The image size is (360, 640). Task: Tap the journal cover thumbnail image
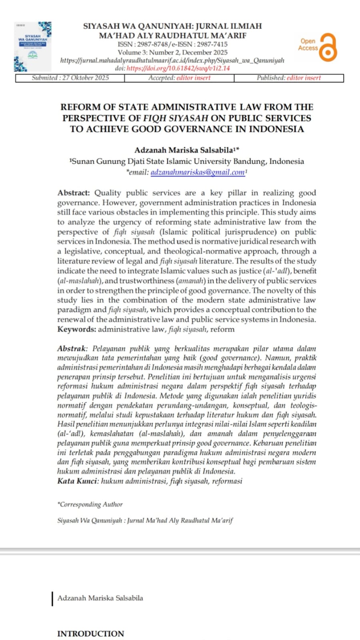(33, 46)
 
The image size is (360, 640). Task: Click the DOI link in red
(178, 68)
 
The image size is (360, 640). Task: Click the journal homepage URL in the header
(172, 60)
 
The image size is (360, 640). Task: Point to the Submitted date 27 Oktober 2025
(70, 78)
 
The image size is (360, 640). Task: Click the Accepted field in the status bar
(179, 78)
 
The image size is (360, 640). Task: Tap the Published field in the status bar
(288, 78)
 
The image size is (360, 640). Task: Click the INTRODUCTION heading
(90, 634)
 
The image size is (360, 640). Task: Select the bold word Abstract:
(74, 193)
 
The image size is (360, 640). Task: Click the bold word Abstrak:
(72, 348)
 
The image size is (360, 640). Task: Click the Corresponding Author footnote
(90, 504)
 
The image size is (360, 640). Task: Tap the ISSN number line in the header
(172, 44)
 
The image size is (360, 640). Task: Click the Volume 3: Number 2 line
(172, 52)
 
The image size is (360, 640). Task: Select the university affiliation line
(186, 161)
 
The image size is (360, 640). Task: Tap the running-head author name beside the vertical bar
(100, 598)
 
